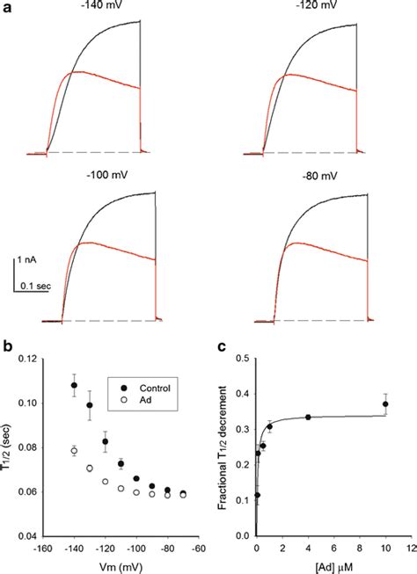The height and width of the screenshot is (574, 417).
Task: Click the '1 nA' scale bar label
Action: pyautogui.click(x=29, y=261)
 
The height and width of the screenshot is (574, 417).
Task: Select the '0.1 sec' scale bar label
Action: pyautogui.click(x=38, y=286)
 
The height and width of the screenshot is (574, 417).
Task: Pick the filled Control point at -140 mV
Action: pyautogui.click(x=74, y=385)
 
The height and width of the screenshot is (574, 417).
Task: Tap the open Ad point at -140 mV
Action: pyautogui.click(x=74, y=450)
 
